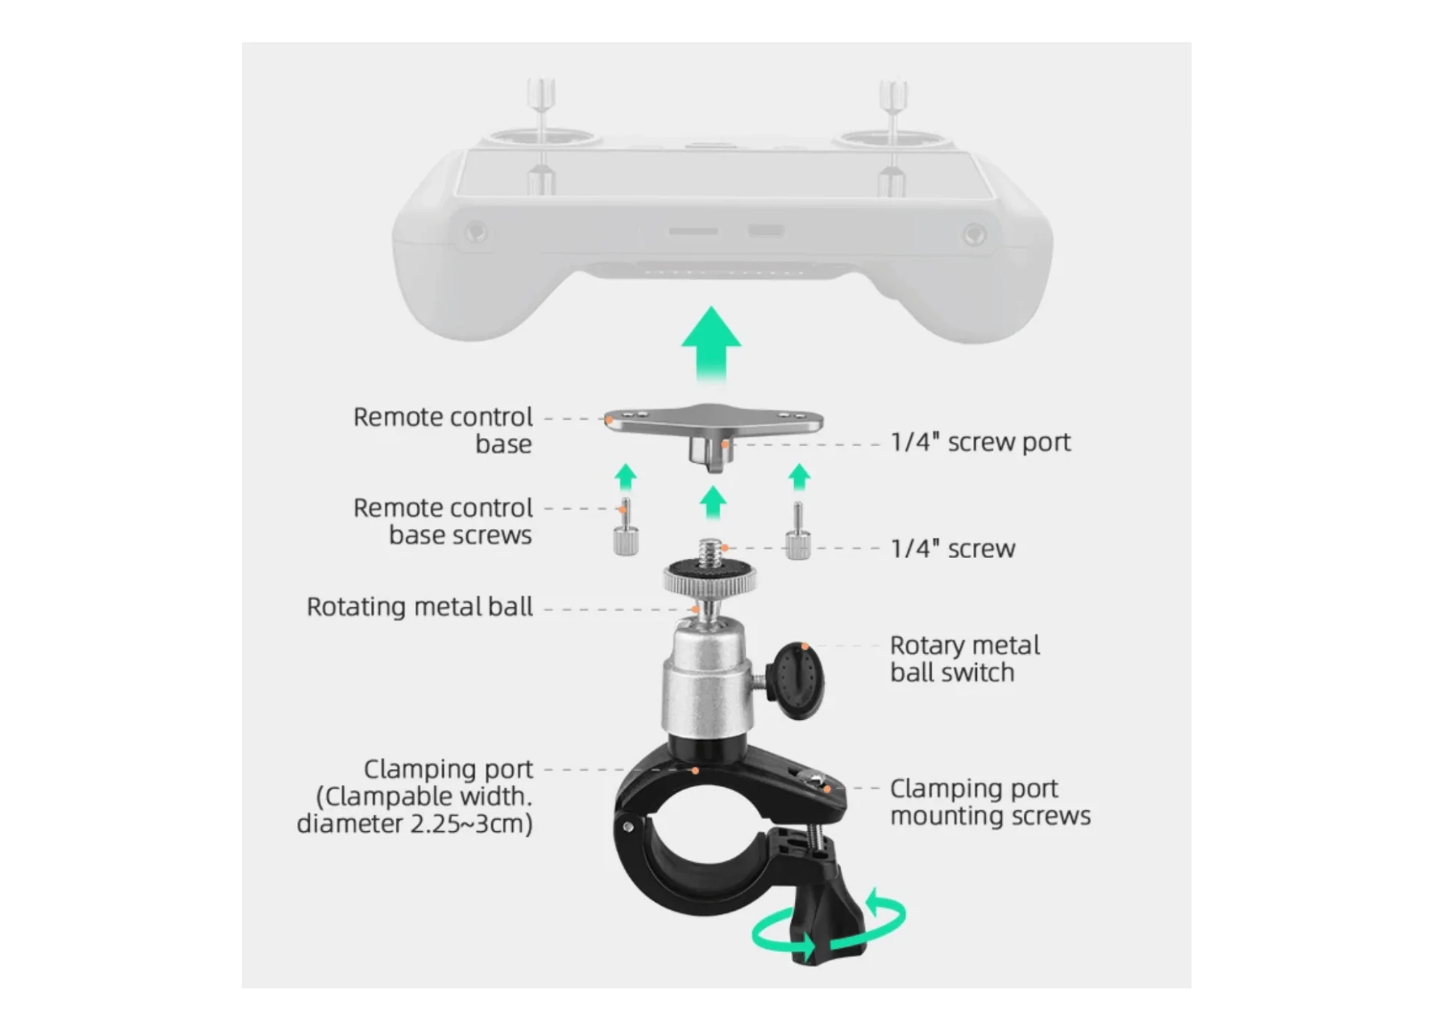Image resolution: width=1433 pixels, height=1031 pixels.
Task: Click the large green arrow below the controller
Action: [x=711, y=345]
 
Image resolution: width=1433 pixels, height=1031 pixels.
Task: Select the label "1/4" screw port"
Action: [x=981, y=442]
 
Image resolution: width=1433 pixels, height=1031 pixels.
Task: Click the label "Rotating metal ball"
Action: [x=419, y=607]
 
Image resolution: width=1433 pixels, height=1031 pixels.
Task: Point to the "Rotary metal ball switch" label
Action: [x=964, y=659]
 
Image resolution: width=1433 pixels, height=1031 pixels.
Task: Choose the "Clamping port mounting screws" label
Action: [x=990, y=802]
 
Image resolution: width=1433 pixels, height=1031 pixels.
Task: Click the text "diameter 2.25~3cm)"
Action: [x=415, y=824]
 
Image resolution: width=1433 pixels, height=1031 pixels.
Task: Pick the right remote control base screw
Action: [x=798, y=530]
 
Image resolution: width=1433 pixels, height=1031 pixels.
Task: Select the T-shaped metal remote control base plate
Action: [x=714, y=431]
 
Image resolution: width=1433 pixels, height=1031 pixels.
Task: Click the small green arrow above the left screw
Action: [x=625, y=477]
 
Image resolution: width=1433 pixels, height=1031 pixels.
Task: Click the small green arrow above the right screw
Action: [x=799, y=477]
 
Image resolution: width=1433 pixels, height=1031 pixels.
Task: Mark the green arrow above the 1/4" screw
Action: [x=714, y=503]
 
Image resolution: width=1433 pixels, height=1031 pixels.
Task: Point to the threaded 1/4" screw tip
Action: [x=711, y=551]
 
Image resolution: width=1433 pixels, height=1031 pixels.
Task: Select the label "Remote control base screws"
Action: [x=443, y=521]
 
